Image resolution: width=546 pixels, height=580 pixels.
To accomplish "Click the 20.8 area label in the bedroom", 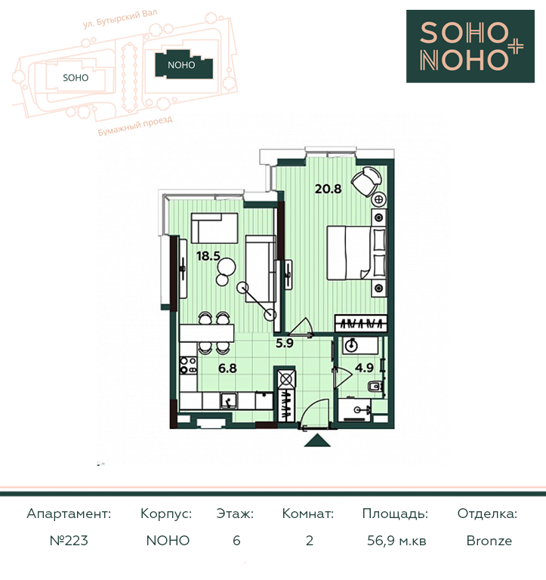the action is (328, 189).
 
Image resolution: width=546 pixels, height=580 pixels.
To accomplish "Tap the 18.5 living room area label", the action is (208, 255).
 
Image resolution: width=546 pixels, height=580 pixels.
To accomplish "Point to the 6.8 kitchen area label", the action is (227, 368).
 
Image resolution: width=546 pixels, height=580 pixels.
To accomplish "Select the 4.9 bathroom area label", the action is (364, 368).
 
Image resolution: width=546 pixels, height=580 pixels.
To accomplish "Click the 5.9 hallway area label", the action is (285, 344).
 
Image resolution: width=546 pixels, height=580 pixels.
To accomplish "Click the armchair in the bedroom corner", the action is (366, 180).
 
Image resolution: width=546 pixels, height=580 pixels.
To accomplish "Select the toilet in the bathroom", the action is (375, 387).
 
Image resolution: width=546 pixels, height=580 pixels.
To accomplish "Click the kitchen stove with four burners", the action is (188, 365).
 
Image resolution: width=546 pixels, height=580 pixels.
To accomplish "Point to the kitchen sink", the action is (229, 400).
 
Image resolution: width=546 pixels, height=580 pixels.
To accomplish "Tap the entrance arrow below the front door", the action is (317, 440).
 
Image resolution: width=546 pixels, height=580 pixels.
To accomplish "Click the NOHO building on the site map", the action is (184, 65).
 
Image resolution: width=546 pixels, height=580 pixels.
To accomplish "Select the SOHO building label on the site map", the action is (76, 78).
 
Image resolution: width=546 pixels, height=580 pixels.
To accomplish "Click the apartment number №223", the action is (69, 541).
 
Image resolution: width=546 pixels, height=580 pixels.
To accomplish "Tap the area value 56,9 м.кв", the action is (396, 541).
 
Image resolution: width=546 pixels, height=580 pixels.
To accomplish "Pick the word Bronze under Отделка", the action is (489, 541).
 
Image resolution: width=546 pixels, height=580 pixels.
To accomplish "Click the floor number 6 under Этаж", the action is (236, 541).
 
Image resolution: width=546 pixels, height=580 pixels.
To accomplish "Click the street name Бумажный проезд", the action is (135, 126).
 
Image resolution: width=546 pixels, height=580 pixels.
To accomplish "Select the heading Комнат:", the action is (308, 514).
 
